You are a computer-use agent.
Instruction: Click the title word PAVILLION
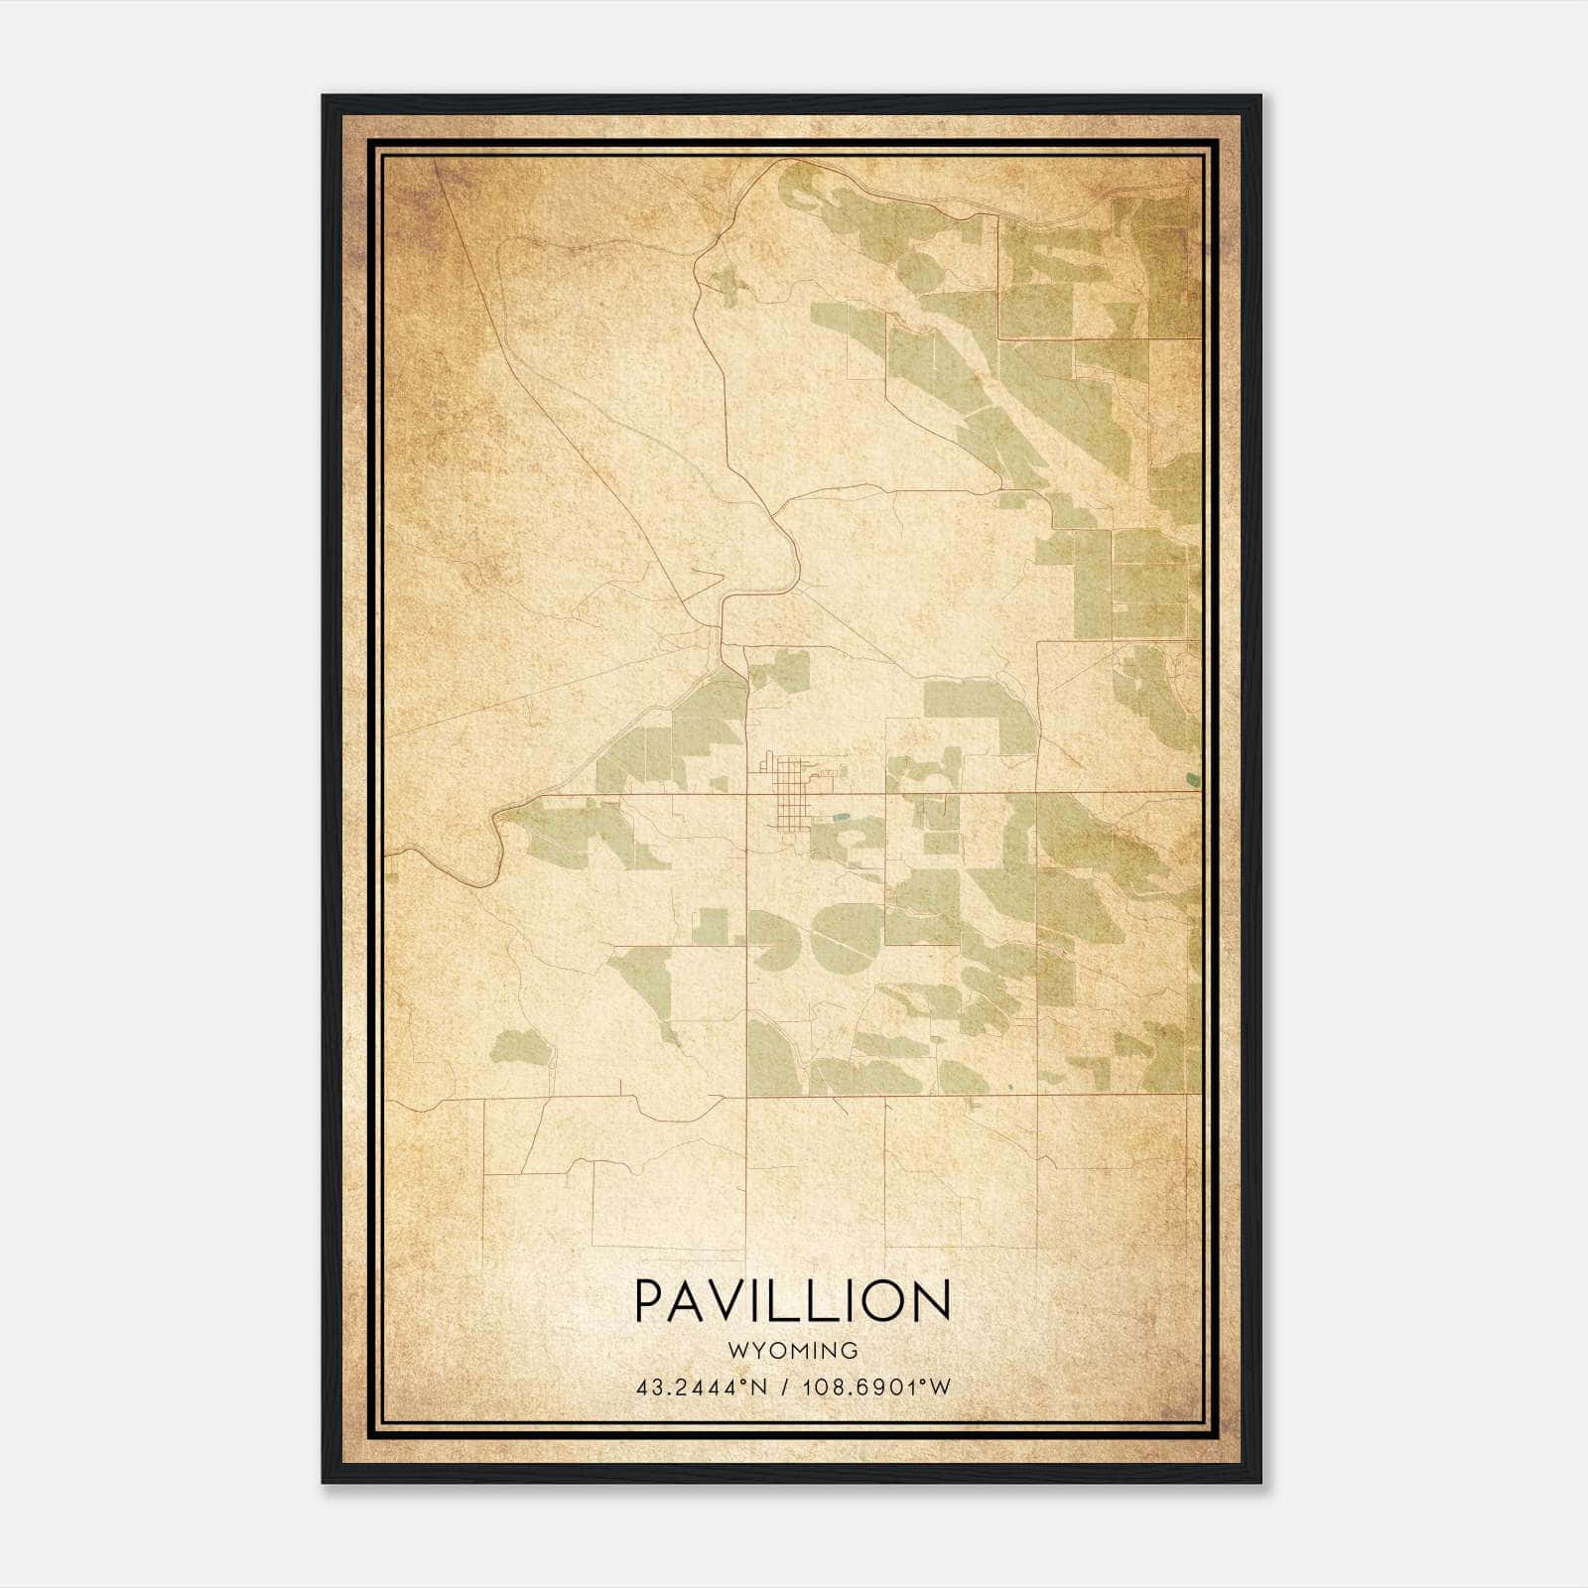[x=792, y=1300]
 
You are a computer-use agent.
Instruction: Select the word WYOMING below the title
[x=792, y=1351]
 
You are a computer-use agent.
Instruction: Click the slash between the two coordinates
[x=784, y=1388]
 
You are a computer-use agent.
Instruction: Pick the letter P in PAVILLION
[x=647, y=1300]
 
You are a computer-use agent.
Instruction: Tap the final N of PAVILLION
[x=934, y=1300]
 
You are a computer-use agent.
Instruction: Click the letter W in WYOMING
[x=735, y=1351]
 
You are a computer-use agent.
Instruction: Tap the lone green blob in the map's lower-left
[x=522, y=1047]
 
